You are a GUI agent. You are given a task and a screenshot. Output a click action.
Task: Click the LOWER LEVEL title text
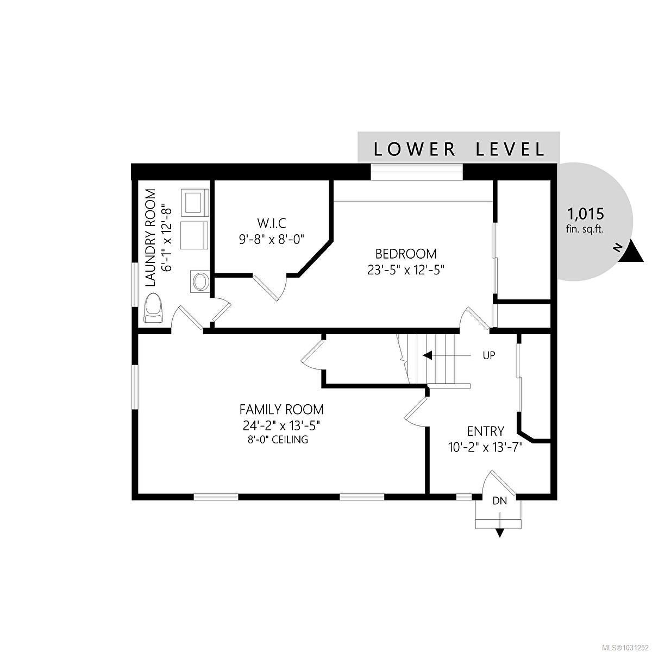pyautogui.click(x=459, y=149)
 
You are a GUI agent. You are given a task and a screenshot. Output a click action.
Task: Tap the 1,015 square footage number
pyautogui.click(x=586, y=214)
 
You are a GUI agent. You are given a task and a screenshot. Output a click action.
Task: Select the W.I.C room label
pyautogui.click(x=272, y=223)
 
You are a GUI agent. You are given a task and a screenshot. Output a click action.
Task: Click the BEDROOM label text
pyautogui.click(x=406, y=253)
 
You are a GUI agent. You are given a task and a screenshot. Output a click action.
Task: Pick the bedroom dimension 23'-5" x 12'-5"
pyautogui.click(x=405, y=270)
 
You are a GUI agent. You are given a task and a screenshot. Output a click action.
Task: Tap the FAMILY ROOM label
pyautogui.click(x=281, y=410)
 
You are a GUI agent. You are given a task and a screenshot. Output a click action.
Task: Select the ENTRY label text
pyautogui.click(x=486, y=431)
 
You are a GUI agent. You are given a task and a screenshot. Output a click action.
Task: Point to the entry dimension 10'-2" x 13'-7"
pyautogui.click(x=486, y=448)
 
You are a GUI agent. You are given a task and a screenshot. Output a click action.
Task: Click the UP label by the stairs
pyautogui.click(x=488, y=355)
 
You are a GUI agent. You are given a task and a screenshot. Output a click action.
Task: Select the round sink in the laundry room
pyautogui.click(x=200, y=281)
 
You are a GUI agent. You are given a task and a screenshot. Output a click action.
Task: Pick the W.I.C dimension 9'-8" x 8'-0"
pyautogui.click(x=272, y=240)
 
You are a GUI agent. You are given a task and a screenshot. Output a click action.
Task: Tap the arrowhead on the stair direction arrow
pyautogui.click(x=428, y=355)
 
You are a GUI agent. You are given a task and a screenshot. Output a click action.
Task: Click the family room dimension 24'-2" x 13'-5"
pyautogui.click(x=281, y=425)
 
